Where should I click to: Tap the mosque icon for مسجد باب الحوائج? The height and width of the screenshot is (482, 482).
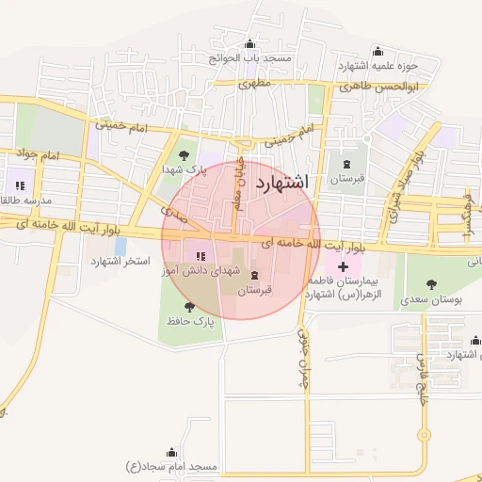(249, 44)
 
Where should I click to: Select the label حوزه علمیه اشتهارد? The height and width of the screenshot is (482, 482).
(378, 66)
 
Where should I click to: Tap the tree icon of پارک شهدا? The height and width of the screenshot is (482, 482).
(183, 154)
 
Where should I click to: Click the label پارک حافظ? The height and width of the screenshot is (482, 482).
(191, 321)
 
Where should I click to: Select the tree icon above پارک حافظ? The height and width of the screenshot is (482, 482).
(190, 306)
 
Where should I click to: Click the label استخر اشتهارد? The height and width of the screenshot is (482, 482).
(120, 261)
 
